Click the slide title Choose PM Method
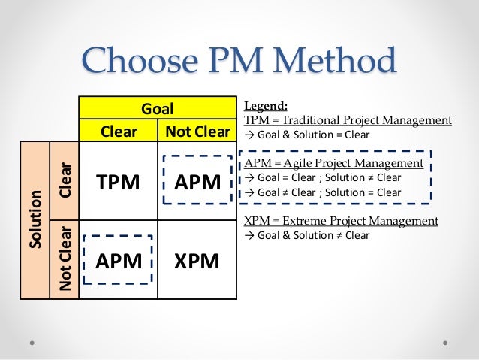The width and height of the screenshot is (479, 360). [x=239, y=62]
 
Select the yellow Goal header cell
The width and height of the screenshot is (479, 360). [x=158, y=109]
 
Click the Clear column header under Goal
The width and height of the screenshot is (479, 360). [x=119, y=132]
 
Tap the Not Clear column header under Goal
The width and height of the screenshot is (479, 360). [x=197, y=132]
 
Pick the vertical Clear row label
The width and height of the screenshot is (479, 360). [x=65, y=180]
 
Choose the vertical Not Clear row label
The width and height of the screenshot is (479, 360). [x=65, y=257]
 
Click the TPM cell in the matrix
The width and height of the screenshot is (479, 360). [x=119, y=182]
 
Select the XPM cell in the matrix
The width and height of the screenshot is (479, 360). [x=197, y=260]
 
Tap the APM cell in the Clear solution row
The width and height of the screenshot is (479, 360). [x=197, y=182]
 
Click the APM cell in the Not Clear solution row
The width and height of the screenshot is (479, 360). [x=119, y=260]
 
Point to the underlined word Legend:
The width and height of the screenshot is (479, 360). [x=263, y=106]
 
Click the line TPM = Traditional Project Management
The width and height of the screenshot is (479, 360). [x=348, y=120]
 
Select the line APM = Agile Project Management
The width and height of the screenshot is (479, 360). [x=334, y=163]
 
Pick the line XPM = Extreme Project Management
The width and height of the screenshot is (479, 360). [x=342, y=221]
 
